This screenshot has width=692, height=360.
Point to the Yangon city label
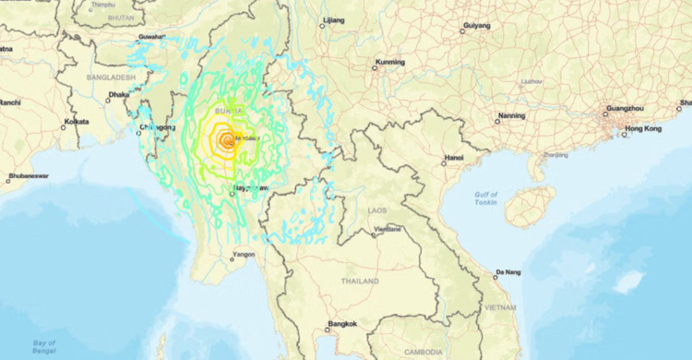[244, 254]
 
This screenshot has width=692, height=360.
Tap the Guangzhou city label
[624, 108]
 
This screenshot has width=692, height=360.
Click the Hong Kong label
[643, 129]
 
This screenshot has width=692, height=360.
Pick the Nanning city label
[511, 116]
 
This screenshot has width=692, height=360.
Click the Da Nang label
[507, 272]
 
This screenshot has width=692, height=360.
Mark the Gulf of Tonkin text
[485, 199]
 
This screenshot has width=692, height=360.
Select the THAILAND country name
[360, 281]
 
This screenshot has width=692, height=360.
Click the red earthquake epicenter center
[225, 141]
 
